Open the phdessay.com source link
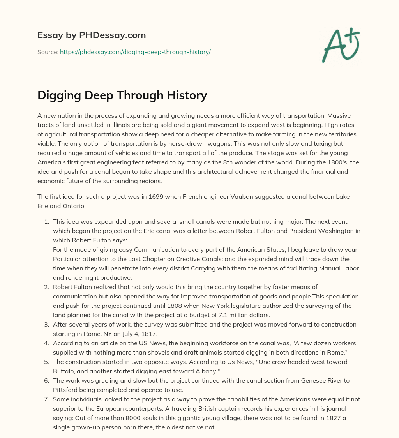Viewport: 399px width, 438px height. pos(135,52)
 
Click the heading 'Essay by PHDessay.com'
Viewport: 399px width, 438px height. pos(92,35)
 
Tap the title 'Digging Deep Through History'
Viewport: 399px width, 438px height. pos(122,95)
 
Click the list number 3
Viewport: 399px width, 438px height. pos(46,325)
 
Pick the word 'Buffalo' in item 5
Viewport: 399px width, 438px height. pos(65,371)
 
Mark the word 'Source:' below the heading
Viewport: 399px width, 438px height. pos(48,52)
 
